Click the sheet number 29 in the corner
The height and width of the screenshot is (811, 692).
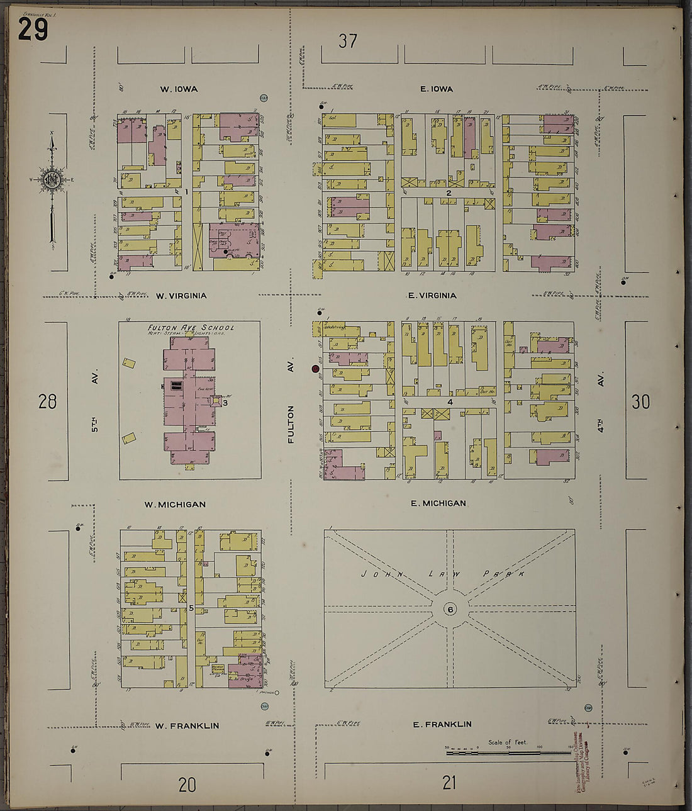click(x=33, y=28)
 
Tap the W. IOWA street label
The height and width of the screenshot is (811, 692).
click(x=179, y=89)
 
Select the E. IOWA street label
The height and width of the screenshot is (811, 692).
click(x=437, y=89)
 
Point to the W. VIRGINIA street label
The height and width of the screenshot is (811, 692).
click(x=181, y=296)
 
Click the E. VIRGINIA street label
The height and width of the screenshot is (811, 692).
click(x=432, y=296)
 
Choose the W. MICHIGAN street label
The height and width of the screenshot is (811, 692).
click(x=175, y=505)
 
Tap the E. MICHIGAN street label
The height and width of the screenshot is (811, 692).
click(x=438, y=503)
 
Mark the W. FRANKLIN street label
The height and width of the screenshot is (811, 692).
click(x=187, y=726)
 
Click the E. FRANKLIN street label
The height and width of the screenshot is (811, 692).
click(x=442, y=725)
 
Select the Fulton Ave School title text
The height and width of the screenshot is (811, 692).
click(x=191, y=328)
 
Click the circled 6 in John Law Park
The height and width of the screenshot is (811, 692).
click(x=450, y=609)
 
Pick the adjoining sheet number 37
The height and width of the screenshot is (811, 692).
click(x=348, y=42)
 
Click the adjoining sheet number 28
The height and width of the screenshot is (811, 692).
click(x=48, y=401)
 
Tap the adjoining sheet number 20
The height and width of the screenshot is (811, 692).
click(x=187, y=785)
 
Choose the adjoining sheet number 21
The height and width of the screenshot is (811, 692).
click(x=449, y=783)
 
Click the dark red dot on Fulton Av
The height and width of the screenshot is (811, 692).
click(x=315, y=369)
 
